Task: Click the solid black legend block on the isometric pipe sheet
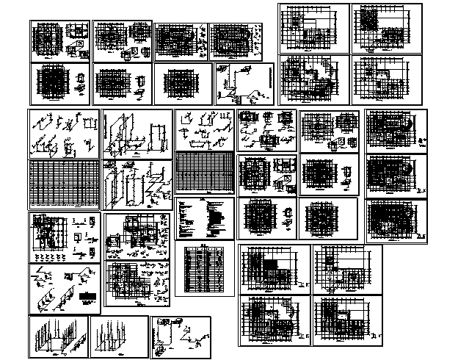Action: click(90, 299)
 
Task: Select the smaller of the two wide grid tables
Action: click(205, 173)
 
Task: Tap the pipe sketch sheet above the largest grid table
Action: click(64, 135)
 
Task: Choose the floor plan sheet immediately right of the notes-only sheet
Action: click(267, 218)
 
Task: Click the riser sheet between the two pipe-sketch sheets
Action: click(137, 135)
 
